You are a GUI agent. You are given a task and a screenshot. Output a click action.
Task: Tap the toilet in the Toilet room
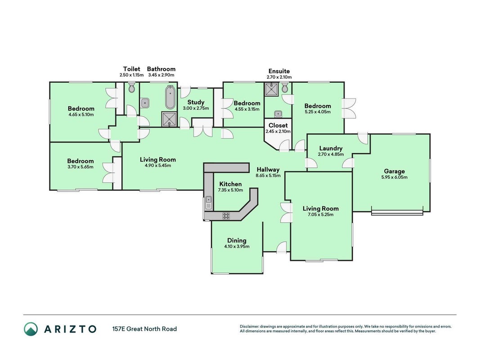[132, 87]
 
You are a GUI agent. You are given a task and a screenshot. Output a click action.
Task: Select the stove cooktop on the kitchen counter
[226, 216]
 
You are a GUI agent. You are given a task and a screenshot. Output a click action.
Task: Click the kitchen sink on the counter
[208, 202]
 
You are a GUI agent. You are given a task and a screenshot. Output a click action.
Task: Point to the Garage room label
[394, 171]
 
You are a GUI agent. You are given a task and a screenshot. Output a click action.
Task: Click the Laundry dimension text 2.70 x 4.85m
[331, 154]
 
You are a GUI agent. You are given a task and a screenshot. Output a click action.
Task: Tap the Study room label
[196, 102]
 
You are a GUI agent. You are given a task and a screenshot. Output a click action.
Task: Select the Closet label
[278, 125]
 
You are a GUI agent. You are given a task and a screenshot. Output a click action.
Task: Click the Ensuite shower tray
[272, 90]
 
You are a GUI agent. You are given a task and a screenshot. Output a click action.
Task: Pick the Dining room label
[237, 241]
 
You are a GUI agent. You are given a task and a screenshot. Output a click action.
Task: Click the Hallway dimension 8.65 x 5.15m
[268, 175]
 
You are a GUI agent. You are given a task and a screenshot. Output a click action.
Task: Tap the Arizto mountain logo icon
[31, 329]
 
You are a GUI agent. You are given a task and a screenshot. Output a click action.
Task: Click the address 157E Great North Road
[144, 329]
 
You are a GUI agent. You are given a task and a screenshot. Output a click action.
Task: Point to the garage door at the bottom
[397, 212]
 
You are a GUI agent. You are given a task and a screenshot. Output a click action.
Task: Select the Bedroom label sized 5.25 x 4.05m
[318, 106]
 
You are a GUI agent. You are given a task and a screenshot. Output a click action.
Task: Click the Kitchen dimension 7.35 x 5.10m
[230, 190]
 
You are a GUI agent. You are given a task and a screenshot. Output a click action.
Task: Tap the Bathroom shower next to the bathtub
[169, 119]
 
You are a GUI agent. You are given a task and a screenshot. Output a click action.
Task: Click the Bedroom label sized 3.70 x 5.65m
[81, 161]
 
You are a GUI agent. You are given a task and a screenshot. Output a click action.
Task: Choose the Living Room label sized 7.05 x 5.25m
[320, 208]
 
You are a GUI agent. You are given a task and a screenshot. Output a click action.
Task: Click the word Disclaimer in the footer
[250, 326]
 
